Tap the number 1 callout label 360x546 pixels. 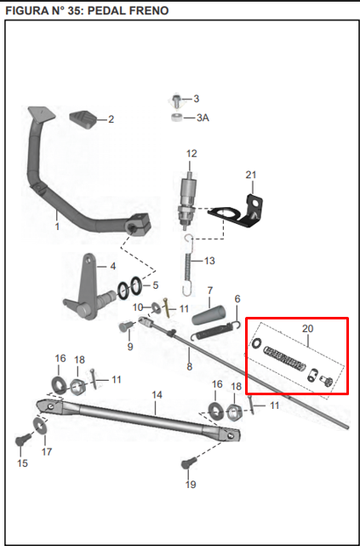(x=57, y=227)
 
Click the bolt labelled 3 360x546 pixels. (x=176, y=100)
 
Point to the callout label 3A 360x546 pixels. (x=202, y=118)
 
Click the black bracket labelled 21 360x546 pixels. (x=249, y=210)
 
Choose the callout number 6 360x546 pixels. (x=237, y=299)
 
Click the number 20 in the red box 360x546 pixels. (x=308, y=327)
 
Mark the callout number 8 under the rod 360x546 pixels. (x=189, y=366)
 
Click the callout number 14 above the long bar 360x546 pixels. (x=156, y=395)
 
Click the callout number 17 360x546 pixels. (x=47, y=451)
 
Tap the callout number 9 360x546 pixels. (x=130, y=347)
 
